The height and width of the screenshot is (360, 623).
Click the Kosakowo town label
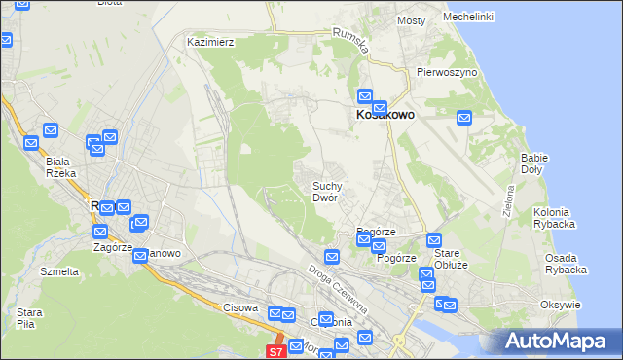click(x=381, y=115)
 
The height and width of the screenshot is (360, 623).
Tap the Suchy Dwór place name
click(x=325, y=191)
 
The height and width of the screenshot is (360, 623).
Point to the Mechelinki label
click(x=467, y=18)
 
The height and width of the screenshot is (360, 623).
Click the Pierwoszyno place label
click(x=445, y=72)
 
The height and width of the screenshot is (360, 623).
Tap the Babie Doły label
click(x=534, y=162)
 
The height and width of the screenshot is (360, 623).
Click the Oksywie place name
click(x=560, y=305)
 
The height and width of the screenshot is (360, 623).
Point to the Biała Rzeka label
click(x=60, y=167)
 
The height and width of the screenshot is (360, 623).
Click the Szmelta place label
click(x=58, y=271)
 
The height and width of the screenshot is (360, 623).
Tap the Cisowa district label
click(x=239, y=307)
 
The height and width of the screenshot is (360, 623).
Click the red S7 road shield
click(x=275, y=351)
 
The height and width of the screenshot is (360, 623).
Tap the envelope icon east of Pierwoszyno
click(x=464, y=118)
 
